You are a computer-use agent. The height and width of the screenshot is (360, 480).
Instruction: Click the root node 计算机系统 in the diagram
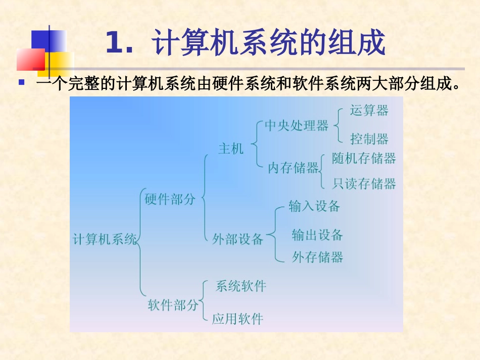click(x=105, y=239)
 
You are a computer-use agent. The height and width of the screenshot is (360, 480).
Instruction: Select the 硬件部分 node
click(x=170, y=199)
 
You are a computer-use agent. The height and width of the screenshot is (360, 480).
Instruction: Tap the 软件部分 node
click(x=173, y=305)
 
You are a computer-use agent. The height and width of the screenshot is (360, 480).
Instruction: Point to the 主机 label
click(x=231, y=148)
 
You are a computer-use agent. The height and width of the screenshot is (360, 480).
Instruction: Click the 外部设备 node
click(x=237, y=239)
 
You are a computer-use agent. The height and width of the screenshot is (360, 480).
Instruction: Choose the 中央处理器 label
click(x=297, y=126)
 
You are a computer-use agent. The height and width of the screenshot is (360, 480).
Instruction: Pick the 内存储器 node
click(x=294, y=168)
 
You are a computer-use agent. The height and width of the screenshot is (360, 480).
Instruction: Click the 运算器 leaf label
click(x=369, y=111)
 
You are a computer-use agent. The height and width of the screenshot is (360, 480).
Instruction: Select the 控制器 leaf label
click(x=369, y=138)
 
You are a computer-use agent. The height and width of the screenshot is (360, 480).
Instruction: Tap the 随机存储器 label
click(x=364, y=159)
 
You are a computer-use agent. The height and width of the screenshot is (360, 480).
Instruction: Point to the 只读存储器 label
click(x=364, y=183)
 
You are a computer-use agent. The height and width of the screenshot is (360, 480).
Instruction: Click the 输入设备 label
click(x=314, y=206)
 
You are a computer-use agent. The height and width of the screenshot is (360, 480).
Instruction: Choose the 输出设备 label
click(x=317, y=235)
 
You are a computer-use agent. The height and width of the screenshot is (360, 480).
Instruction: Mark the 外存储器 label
click(x=317, y=258)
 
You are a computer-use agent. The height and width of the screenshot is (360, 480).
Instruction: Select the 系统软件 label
click(x=241, y=286)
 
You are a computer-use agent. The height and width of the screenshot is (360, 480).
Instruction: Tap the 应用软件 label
click(x=237, y=319)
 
